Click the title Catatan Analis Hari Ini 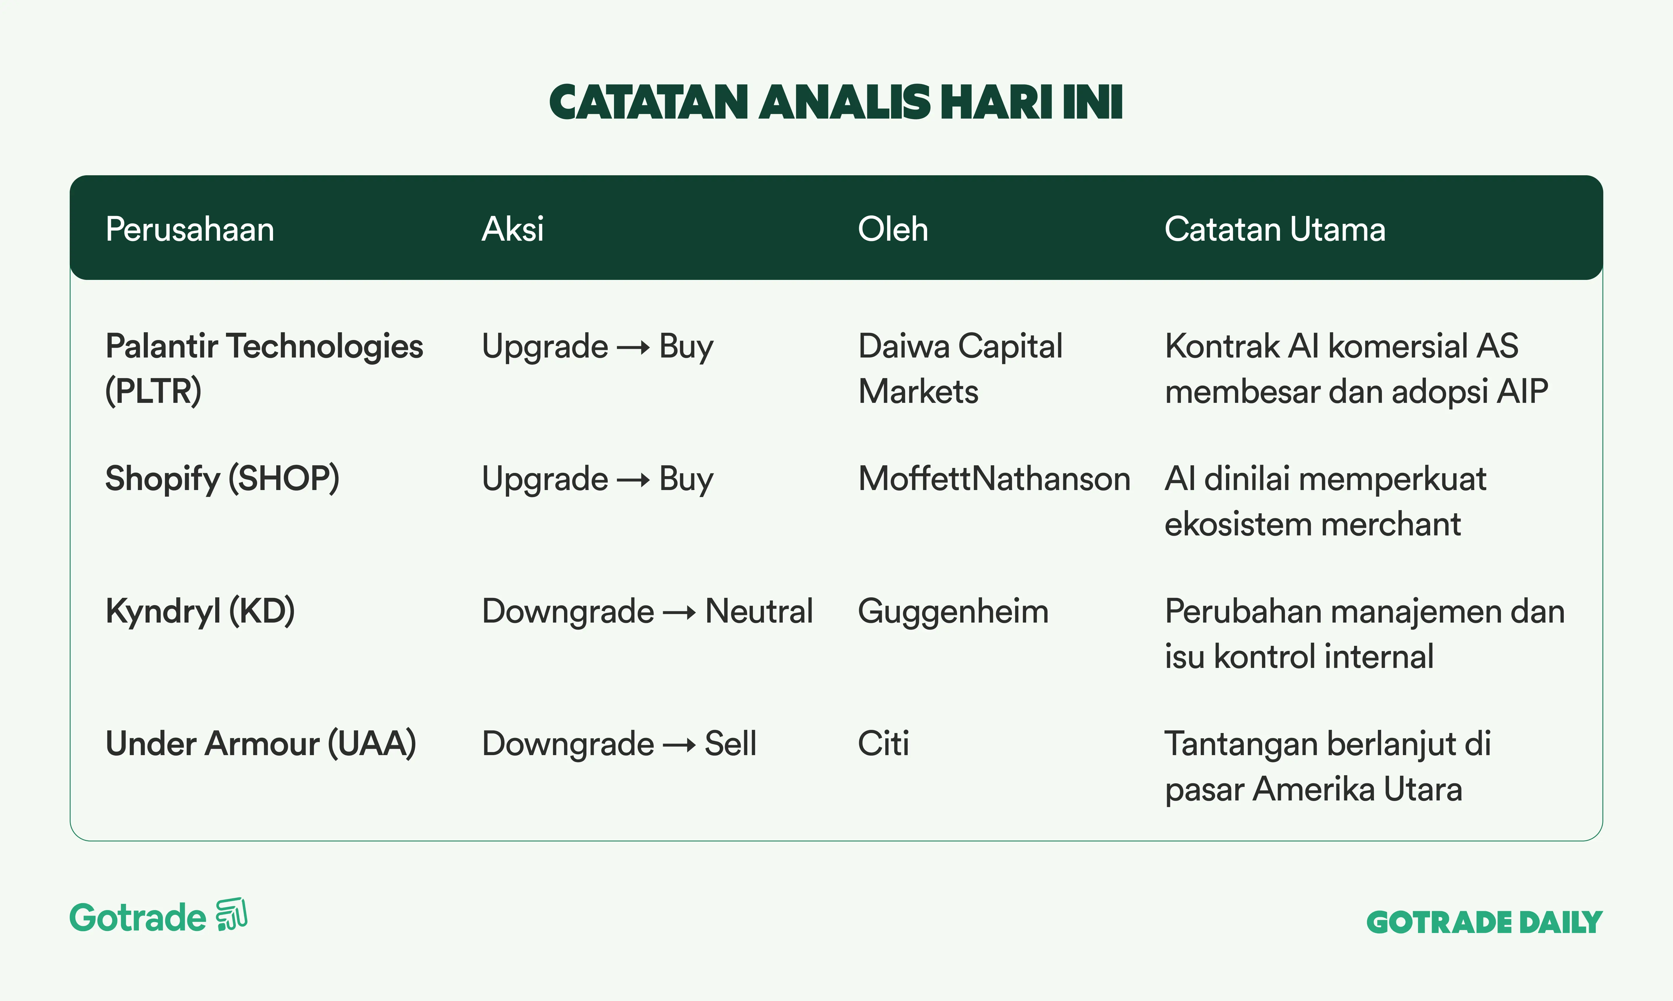[836, 103]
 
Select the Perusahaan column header [190, 229]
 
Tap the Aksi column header [512, 229]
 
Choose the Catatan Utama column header [1275, 229]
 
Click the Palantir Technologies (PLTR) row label [264, 368]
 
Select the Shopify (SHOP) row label [222, 479]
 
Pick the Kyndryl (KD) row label [200, 611]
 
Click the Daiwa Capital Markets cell [960, 368]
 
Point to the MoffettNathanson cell [994, 479]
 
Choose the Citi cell [883, 743]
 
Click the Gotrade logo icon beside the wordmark [231, 915]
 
